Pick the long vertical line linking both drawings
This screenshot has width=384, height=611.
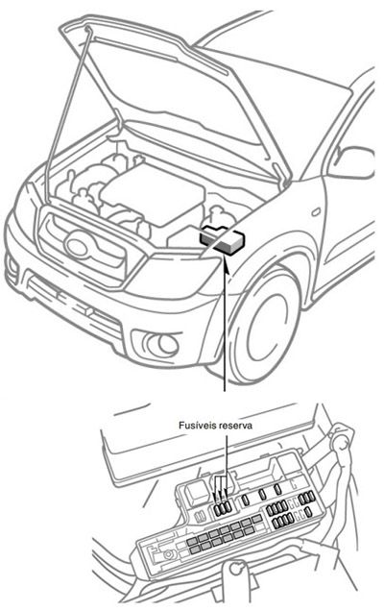pos(226,336)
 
